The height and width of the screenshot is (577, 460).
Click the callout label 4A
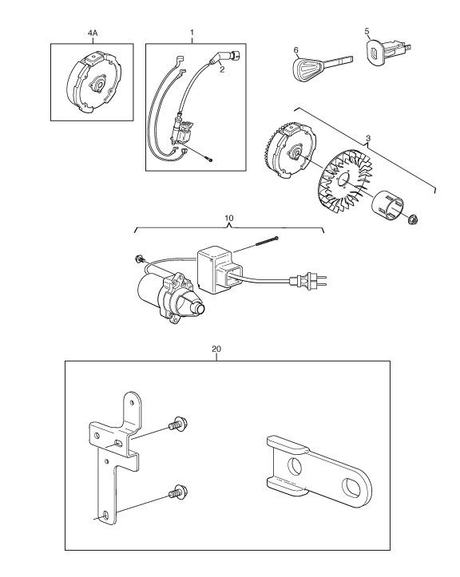(93, 33)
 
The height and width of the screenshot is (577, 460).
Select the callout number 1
(192, 33)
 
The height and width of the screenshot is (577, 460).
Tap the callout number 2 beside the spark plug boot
(222, 69)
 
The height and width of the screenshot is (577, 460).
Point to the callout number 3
(368, 138)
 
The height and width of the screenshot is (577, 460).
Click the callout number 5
(367, 31)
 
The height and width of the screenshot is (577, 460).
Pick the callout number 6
(295, 49)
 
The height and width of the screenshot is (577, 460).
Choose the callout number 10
(229, 218)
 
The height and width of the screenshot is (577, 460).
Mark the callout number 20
(216, 349)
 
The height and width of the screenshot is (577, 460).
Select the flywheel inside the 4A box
(93, 82)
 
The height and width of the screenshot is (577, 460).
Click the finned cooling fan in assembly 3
(345, 183)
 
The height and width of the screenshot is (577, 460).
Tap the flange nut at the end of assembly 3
(414, 220)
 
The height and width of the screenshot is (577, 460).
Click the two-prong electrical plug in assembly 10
(308, 282)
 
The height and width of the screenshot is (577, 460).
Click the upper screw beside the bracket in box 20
(179, 424)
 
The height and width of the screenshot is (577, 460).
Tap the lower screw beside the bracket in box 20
(178, 492)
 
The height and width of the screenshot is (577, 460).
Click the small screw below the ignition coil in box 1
(209, 160)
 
